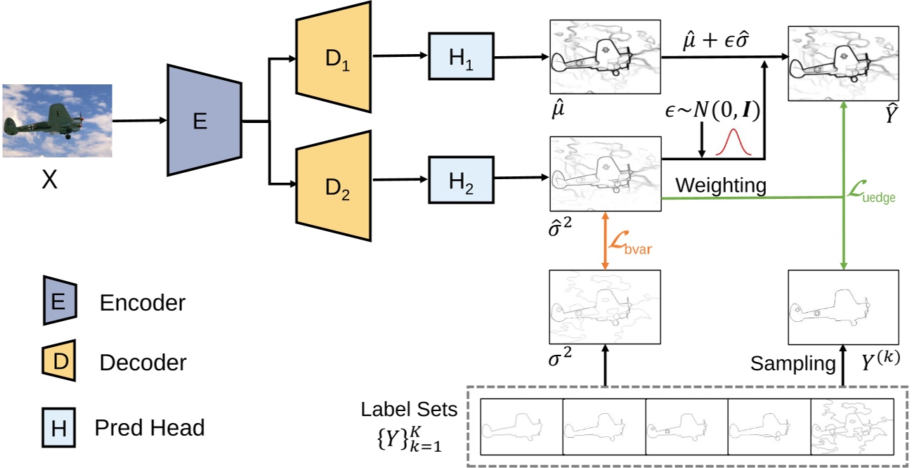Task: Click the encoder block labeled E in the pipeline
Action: tap(200, 121)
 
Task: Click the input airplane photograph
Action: tap(58, 120)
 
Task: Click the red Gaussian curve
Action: tap(734, 143)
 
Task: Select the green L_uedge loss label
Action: tap(873, 193)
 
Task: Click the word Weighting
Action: tap(720, 185)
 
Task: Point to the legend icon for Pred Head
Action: tap(59, 427)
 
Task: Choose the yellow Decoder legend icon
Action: tap(59, 363)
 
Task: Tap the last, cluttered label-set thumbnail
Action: tap(852, 427)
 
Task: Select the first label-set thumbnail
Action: tap(522, 427)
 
